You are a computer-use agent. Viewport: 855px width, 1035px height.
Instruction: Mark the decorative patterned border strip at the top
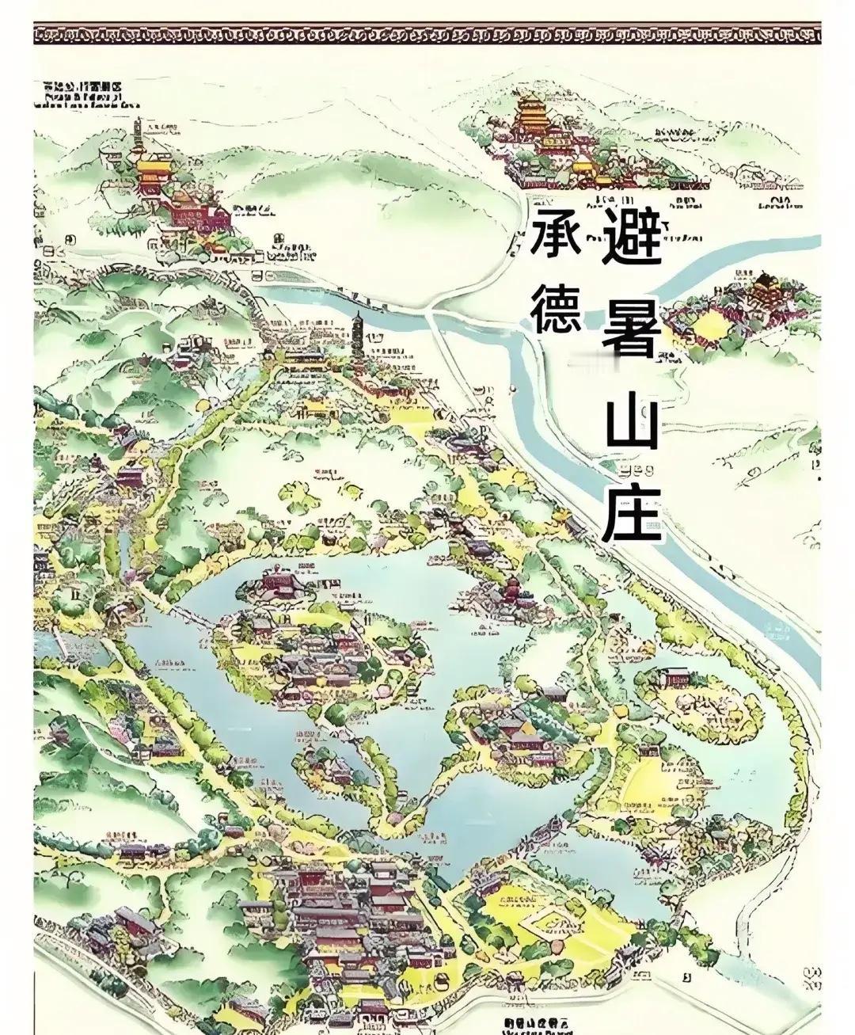point(427,34)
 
